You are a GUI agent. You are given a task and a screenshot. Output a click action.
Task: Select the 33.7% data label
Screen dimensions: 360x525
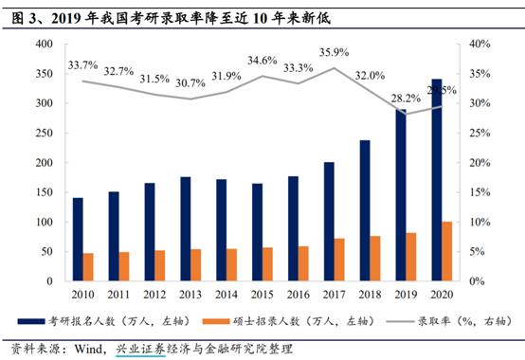point(84,65)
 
